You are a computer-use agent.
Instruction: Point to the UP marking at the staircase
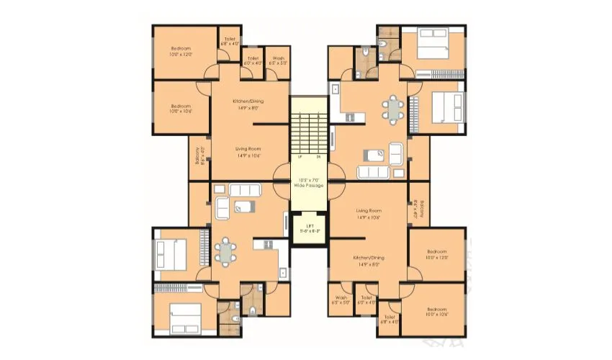298,156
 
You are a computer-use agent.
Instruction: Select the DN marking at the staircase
318,156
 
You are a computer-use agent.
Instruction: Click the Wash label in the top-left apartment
277,60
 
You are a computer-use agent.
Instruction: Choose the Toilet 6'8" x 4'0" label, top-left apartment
230,42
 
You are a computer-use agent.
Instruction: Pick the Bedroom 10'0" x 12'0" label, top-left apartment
181,51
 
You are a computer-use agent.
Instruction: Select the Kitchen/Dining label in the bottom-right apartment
368,261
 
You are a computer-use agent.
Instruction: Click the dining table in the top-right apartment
392,109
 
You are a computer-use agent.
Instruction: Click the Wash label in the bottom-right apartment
341,300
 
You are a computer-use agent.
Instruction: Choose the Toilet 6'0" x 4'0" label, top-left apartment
252,60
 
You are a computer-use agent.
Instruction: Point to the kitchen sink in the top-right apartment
335,89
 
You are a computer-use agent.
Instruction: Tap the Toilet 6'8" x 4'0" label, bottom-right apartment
390,319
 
